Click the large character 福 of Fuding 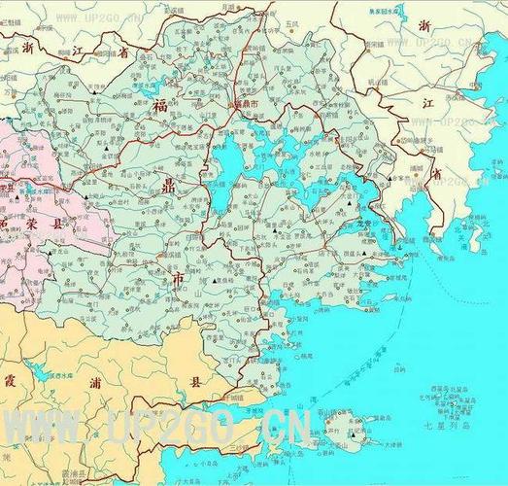pos(158,106)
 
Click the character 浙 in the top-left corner pos(27,46)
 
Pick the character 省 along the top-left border pos(123,53)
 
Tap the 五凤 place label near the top pos(292,21)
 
